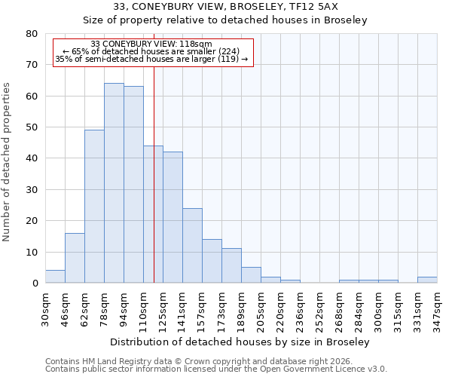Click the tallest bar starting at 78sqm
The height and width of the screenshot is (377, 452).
coord(114,183)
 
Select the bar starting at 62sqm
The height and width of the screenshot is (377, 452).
coord(94,207)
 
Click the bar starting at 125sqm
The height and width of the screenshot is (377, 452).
coord(173,217)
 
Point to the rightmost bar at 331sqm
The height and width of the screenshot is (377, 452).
coord(427,280)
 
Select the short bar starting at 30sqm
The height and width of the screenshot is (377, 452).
coord(55,277)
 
